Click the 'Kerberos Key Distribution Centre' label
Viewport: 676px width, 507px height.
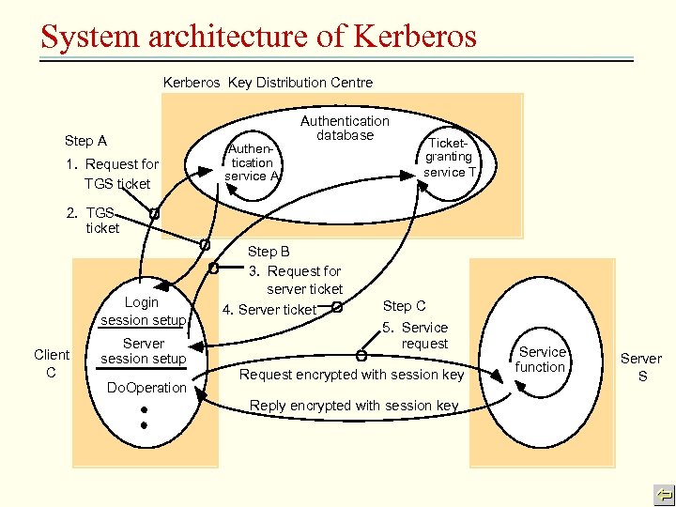pyautogui.click(x=268, y=83)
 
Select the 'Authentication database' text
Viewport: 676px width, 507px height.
pyautogui.click(x=345, y=128)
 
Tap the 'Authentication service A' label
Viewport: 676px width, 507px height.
pyautogui.click(x=252, y=162)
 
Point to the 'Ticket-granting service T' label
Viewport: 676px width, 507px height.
pyautogui.click(x=450, y=157)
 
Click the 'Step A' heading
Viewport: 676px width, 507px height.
pyautogui.click(x=85, y=141)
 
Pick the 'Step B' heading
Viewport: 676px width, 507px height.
pyautogui.click(x=269, y=252)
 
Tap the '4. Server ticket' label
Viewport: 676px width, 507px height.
pyautogui.click(x=269, y=310)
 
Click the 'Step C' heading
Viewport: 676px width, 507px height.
pyautogui.click(x=404, y=306)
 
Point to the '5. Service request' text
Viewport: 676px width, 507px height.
pyautogui.click(x=417, y=335)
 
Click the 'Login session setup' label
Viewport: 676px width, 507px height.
pyautogui.click(x=143, y=311)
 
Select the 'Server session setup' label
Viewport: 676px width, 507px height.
pyautogui.click(x=143, y=351)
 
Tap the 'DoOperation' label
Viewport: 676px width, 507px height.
pyautogui.click(x=146, y=388)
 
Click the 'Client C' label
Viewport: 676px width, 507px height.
pyautogui.click(x=52, y=362)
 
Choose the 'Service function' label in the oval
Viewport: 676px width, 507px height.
pyautogui.click(x=541, y=360)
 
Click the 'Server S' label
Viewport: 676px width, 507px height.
pyautogui.click(x=641, y=366)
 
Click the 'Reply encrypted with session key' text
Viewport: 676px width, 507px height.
pyautogui.click(x=354, y=406)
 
